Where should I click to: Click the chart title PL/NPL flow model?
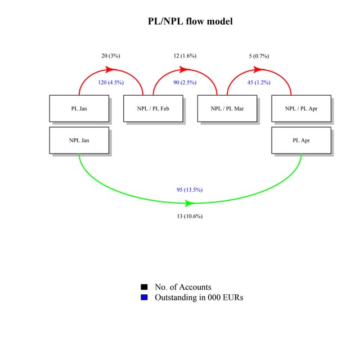[190, 21]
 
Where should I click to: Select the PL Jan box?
[79, 109]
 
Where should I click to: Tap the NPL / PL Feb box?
[153, 109]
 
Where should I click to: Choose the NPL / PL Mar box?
[227, 109]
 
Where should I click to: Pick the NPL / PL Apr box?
[301, 109]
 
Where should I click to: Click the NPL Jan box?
[79, 140]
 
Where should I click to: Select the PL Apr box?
[301, 140]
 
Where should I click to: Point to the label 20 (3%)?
[111, 56]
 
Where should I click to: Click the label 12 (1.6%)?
[185, 56]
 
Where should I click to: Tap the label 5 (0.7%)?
[259, 56]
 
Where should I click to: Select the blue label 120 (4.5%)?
[111, 82]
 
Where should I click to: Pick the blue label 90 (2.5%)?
[185, 82]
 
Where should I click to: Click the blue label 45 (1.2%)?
[259, 82]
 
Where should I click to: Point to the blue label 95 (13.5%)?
[190, 190]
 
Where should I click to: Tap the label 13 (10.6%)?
[190, 216]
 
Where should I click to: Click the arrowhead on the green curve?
[190, 203]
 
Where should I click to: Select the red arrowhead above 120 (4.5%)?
[111, 69]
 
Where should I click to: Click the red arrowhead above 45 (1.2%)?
[259, 69]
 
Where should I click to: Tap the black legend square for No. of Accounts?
[144, 287]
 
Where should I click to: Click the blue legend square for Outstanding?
[144, 297]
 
